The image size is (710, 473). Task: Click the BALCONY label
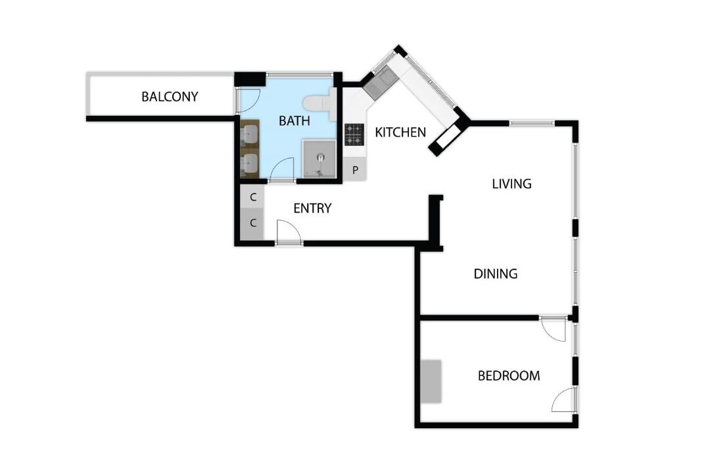click(x=170, y=97)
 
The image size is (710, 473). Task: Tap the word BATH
click(x=295, y=121)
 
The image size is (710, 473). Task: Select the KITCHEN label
click(x=400, y=132)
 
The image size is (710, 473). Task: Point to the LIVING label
click(x=511, y=184)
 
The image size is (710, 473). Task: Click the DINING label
click(x=496, y=274)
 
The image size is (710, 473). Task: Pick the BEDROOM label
click(x=509, y=376)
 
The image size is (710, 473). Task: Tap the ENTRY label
click(x=312, y=208)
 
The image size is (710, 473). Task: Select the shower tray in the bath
click(x=319, y=159)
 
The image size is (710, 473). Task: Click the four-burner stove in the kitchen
click(x=354, y=135)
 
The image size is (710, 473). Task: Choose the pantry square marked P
click(x=355, y=170)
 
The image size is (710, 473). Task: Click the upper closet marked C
click(x=252, y=197)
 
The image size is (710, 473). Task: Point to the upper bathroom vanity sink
click(x=249, y=135)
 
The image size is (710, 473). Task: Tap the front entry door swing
click(x=289, y=232)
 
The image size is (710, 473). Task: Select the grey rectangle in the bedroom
click(x=431, y=382)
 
